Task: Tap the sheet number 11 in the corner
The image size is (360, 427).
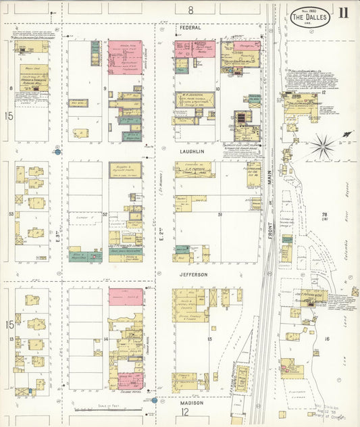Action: pyautogui.click(x=344, y=12)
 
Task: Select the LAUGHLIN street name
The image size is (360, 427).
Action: pyautogui.click(x=193, y=152)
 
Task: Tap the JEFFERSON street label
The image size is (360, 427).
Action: pyautogui.click(x=193, y=275)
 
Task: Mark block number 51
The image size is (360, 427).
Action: pyautogui.click(x=220, y=214)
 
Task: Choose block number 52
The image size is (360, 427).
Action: pyautogui.click(x=105, y=215)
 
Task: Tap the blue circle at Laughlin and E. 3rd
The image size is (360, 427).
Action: pyautogui.click(x=58, y=152)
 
